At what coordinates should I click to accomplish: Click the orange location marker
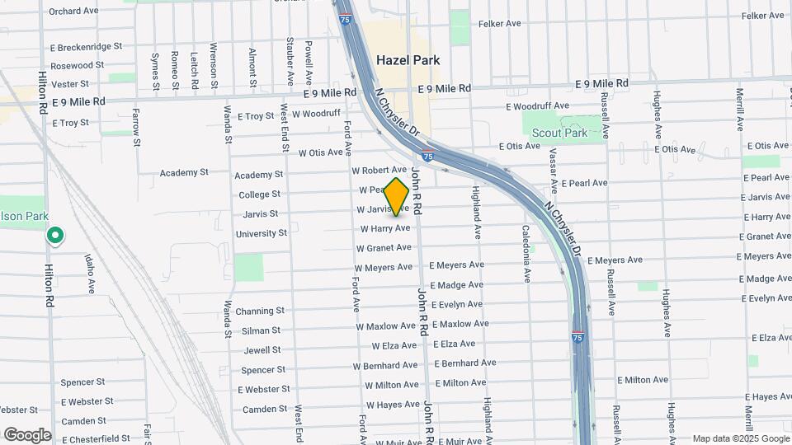click(397, 196)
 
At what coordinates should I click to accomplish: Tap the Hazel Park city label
click(408, 60)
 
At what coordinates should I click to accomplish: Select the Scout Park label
click(559, 133)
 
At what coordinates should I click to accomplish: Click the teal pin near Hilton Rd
click(55, 237)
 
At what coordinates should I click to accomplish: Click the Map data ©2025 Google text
click(740, 438)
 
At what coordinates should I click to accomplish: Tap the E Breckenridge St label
click(86, 47)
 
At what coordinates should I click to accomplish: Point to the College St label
click(259, 194)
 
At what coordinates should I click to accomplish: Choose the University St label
click(261, 233)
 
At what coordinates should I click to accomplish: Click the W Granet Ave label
click(384, 247)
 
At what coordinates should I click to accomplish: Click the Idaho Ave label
click(89, 273)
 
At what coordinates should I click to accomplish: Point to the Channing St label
click(259, 311)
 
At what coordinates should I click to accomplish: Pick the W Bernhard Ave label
click(385, 365)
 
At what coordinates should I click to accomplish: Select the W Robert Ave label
click(379, 170)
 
